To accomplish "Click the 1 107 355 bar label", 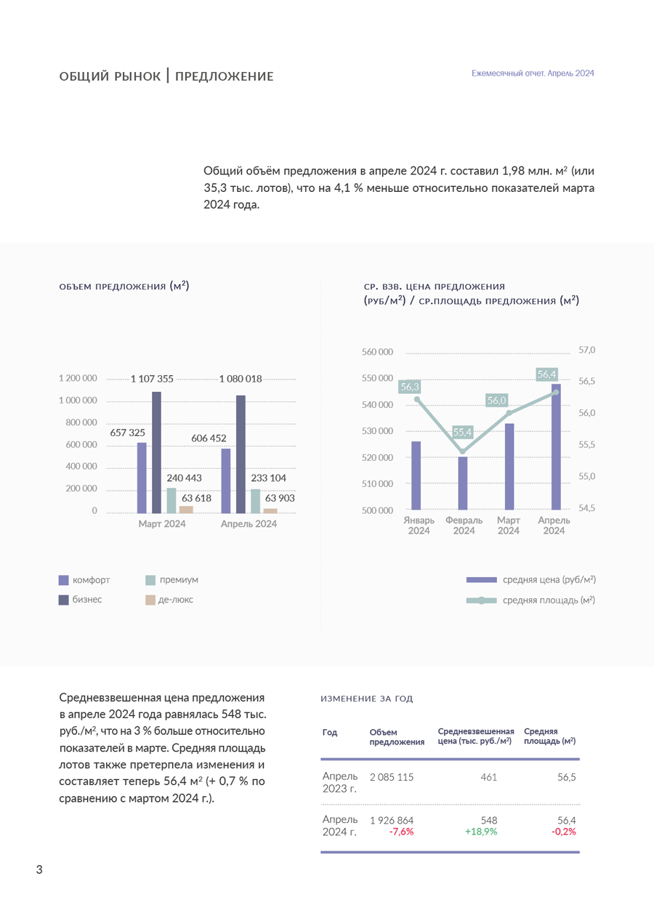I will tap(152, 379).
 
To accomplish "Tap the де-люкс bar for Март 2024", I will tap(186, 510).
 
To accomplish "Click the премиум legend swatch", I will tap(150, 580).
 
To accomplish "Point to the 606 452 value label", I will tap(209, 438).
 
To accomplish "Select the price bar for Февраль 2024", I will tap(463, 483).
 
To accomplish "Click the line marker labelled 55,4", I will tap(463, 451).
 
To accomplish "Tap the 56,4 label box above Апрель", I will tap(546, 374).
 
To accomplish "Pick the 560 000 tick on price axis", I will tap(377, 352).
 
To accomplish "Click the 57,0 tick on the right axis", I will tap(586, 350).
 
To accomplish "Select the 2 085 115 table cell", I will tap(392, 777).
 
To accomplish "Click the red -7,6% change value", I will tap(401, 832).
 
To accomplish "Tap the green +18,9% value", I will tap(481, 832).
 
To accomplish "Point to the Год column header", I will tap(330, 732).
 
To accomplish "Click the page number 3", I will tap(39, 869).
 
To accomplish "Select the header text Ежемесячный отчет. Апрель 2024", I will tap(533, 73).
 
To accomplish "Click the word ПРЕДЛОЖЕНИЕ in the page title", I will tap(225, 76).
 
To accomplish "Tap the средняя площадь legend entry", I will tap(549, 600).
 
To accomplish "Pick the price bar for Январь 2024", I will tap(416, 475).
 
